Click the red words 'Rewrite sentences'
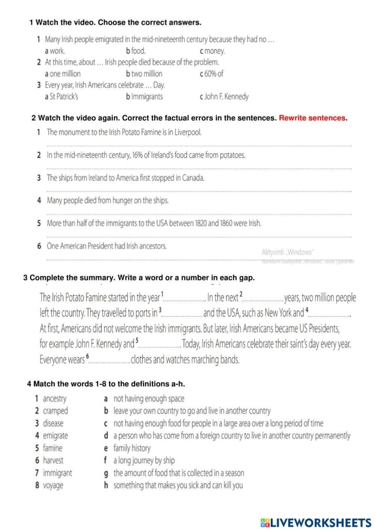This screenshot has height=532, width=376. click(x=313, y=118)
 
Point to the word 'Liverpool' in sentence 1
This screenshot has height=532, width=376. click(x=189, y=132)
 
